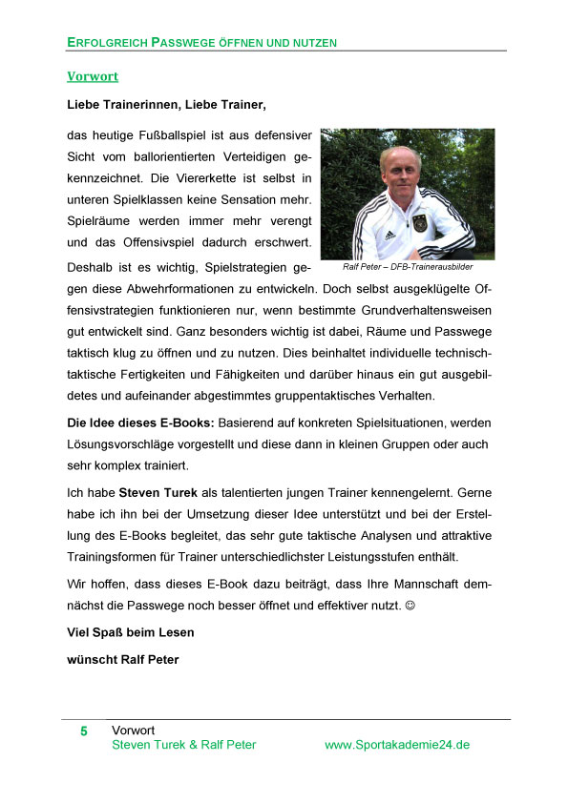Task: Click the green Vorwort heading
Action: [93, 75]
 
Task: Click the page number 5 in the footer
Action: [84, 731]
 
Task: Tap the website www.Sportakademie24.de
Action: [397, 745]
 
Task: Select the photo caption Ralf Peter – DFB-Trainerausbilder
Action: [408, 267]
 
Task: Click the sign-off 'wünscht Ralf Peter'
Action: [122, 660]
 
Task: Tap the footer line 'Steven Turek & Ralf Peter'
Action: [183, 745]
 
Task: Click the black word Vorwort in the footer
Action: [134, 731]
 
